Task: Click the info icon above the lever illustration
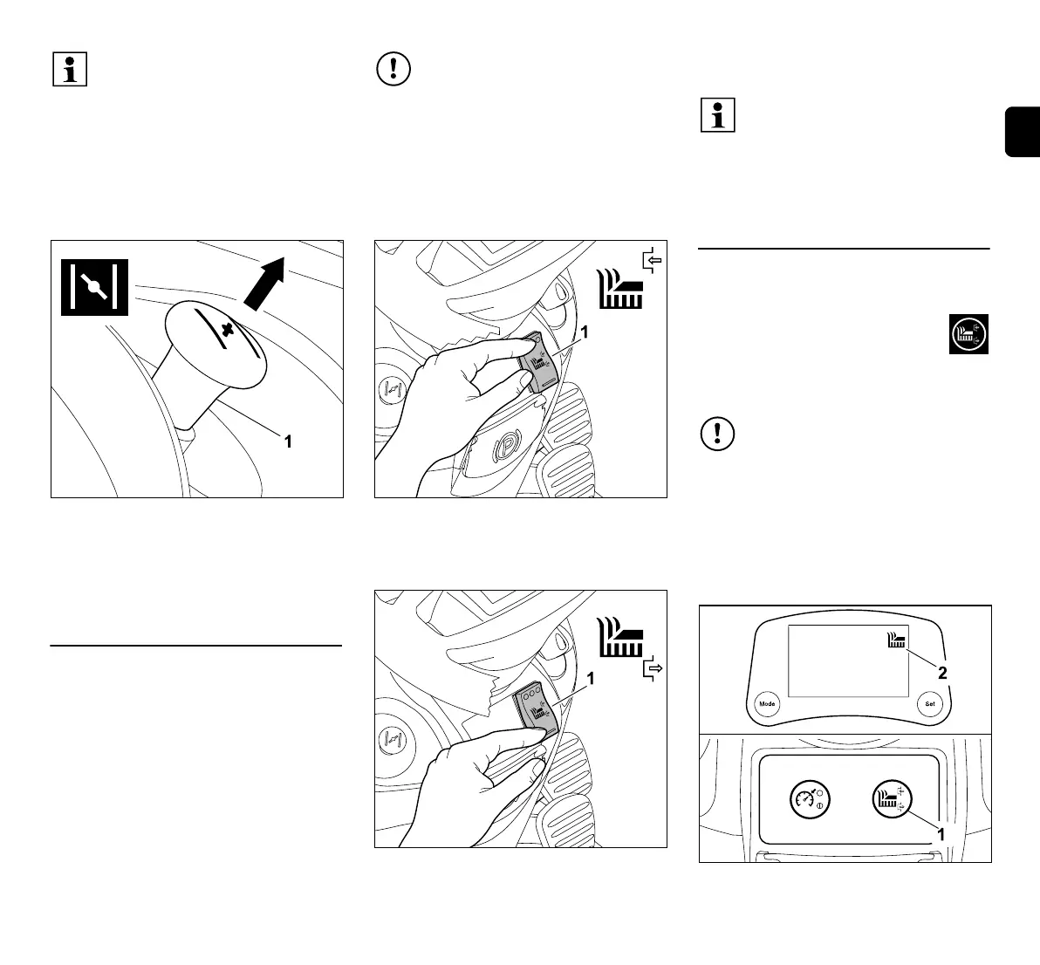pyautogui.click(x=71, y=69)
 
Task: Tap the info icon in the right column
pyautogui.click(x=718, y=117)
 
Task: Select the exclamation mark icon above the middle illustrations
pyautogui.click(x=394, y=69)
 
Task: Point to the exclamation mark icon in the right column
pyautogui.click(x=718, y=434)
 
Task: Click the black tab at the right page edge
pyautogui.click(x=1023, y=132)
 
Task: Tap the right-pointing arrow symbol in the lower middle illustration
pyautogui.click(x=651, y=670)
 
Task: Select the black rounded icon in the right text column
pyautogui.click(x=968, y=333)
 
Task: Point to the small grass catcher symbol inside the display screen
pyautogui.click(x=894, y=640)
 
